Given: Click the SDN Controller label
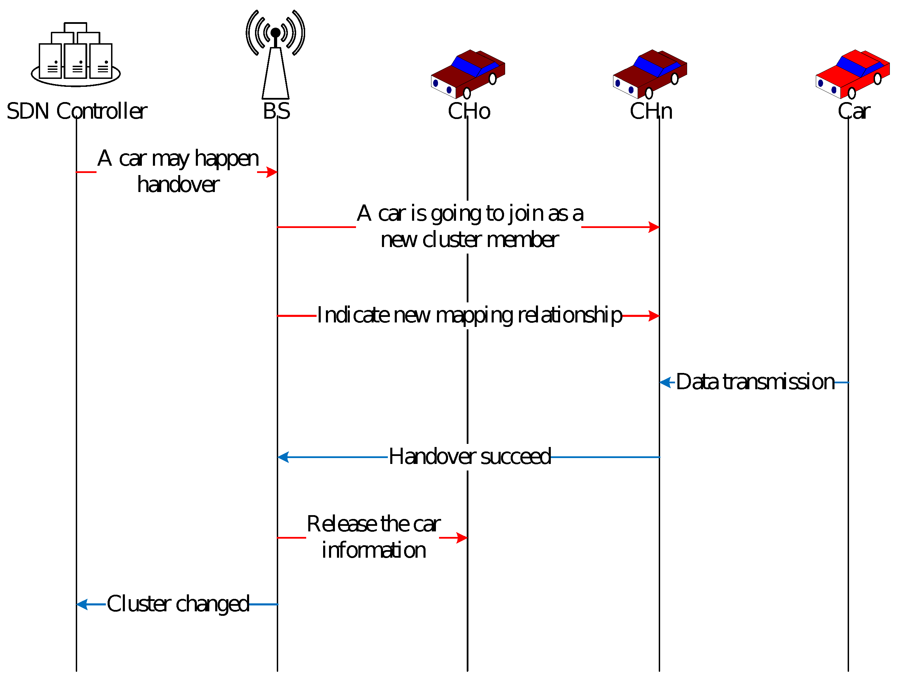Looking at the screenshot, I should pos(77,111).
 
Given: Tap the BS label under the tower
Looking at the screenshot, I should pos(276,111).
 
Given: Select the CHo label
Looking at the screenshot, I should pos(469,111).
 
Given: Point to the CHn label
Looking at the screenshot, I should pos(651,111).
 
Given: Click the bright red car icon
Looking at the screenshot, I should pos(852,74).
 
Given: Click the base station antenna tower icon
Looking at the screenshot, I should pos(275,55).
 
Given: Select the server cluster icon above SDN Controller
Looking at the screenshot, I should pos(75,55).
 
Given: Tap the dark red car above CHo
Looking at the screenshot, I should pos(468,74).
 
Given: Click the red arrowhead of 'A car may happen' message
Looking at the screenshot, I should pos(272,172).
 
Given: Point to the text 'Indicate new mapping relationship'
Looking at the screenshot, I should pos(469,315).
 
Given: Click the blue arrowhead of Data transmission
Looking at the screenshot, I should pos(665,383).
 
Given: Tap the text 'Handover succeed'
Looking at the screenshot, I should pos(469,456).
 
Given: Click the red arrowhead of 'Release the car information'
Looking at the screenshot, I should pos(462,538).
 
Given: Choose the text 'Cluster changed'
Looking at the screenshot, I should pos(177,604).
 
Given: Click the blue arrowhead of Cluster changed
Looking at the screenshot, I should pos(82,604).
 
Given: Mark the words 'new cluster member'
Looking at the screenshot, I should pos(469,240).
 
